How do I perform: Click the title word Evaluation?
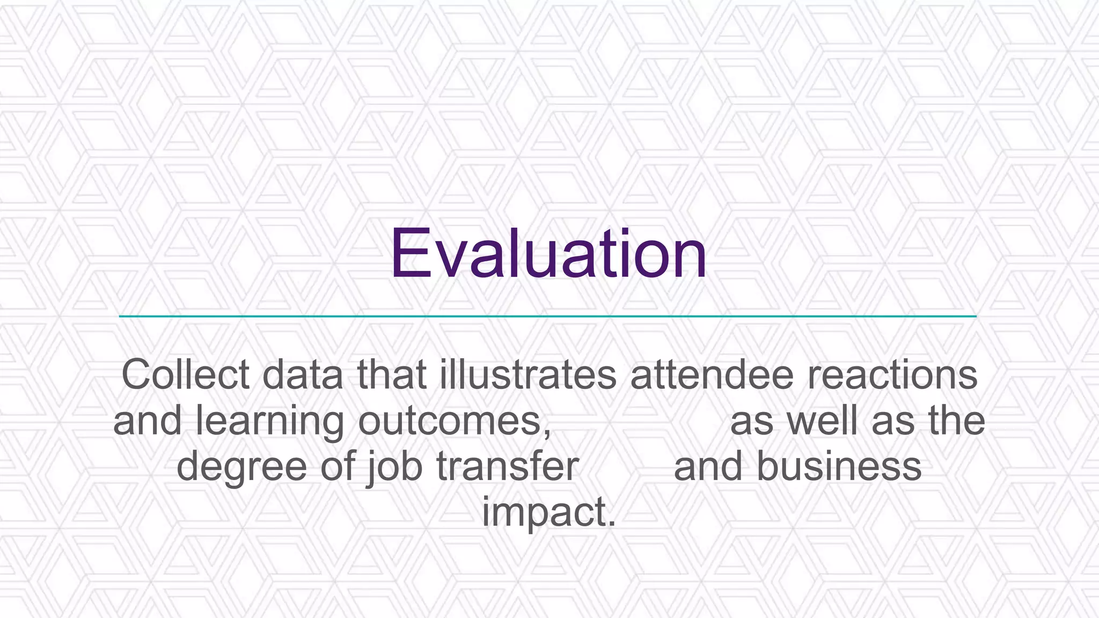click(548, 254)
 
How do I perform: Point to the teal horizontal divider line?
click(547, 317)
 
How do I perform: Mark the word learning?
click(270, 422)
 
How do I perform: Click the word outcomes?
click(454, 422)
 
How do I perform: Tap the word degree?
click(241, 467)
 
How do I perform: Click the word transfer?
click(508, 466)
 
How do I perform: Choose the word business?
click(839, 466)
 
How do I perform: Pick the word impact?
click(548, 513)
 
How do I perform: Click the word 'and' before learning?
click(147, 421)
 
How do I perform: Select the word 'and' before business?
click(708, 466)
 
